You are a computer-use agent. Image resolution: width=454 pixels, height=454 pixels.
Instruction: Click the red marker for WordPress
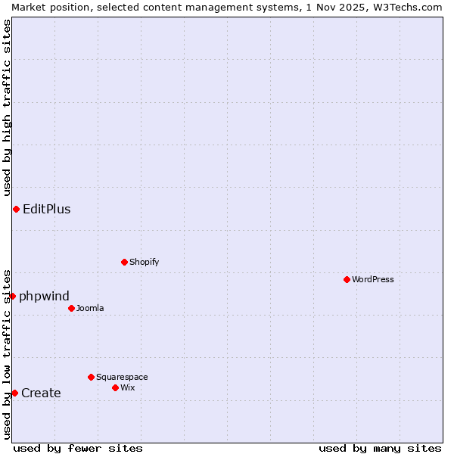pyautogui.click(x=347, y=279)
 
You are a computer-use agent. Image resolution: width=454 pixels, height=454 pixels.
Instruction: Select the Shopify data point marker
pyautogui.click(x=124, y=262)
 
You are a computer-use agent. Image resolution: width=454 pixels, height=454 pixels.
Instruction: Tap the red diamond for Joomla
pyautogui.click(x=71, y=308)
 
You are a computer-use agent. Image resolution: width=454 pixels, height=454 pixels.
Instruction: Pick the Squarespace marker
pyautogui.click(x=91, y=377)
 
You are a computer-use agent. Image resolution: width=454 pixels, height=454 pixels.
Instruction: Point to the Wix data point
pyautogui.click(x=115, y=387)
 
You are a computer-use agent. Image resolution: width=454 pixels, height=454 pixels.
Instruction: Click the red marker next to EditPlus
pyautogui.click(x=16, y=209)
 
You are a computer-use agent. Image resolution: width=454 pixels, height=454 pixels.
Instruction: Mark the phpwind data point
pyautogui.click(x=12, y=296)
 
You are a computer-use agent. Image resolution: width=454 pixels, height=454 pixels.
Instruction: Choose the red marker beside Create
pyautogui.click(x=14, y=393)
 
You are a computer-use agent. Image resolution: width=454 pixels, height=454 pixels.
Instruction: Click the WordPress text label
pyautogui.click(x=373, y=279)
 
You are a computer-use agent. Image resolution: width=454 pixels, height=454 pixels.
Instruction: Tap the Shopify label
pyautogui.click(x=145, y=262)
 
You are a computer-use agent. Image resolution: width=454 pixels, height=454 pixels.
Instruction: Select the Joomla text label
pyautogui.click(x=90, y=308)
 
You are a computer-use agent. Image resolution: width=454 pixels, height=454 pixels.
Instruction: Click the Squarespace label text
pyautogui.click(x=122, y=377)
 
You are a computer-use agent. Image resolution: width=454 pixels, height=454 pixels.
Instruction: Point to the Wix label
pyautogui.click(x=128, y=387)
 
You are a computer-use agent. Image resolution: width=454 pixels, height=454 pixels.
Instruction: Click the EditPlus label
pyautogui.click(x=47, y=210)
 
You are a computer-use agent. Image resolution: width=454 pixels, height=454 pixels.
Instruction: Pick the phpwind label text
pyautogui.click(x=44, y=296)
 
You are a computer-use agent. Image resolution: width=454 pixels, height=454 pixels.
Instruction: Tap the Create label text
pyautogui.click(x=41, y=393)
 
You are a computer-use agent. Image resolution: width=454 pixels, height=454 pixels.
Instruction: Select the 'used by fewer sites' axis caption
pyautogui.click(x=78, y=448)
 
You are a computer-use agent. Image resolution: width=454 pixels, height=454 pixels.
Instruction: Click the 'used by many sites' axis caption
pyautogui.click(x=380, y=448)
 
